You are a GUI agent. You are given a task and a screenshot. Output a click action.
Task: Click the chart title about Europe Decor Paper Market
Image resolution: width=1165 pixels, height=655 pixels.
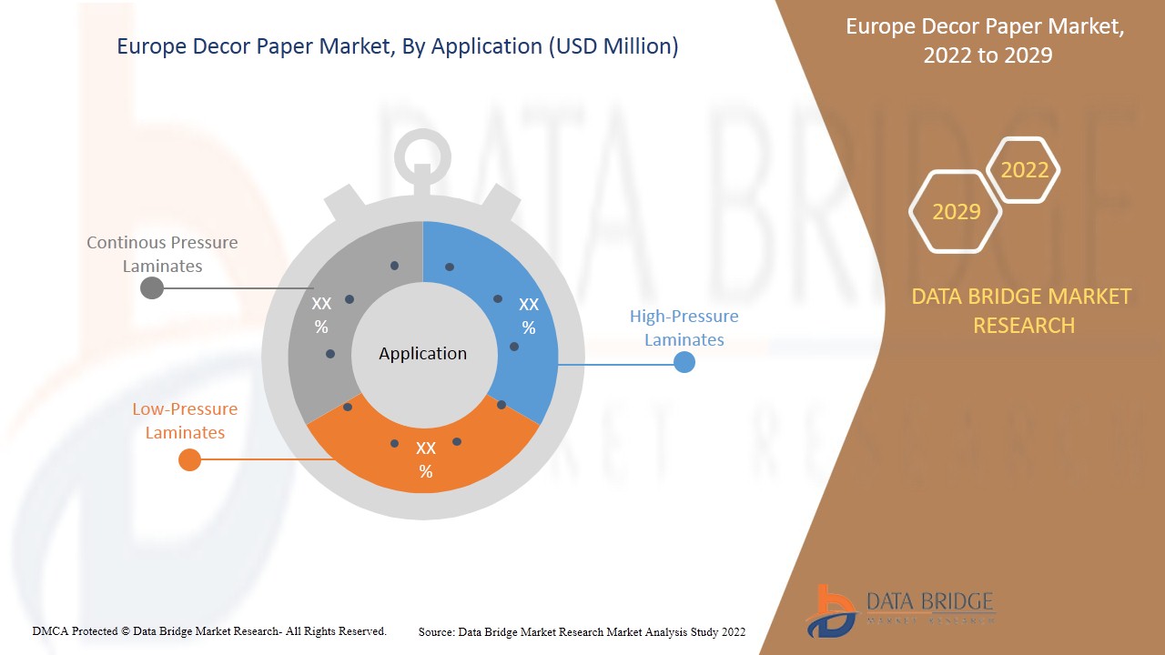tap(398, 46)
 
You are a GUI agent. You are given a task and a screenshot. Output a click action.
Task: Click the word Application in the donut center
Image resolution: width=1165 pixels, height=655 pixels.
tap(422, 354)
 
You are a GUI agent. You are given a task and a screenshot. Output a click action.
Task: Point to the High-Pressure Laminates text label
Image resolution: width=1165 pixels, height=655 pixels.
tap(684, 327)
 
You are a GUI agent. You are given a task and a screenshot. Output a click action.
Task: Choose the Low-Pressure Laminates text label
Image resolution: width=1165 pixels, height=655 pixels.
tap(185, 420)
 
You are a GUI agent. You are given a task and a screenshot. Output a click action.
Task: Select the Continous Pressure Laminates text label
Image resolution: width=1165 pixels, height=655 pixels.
tap(162, 254)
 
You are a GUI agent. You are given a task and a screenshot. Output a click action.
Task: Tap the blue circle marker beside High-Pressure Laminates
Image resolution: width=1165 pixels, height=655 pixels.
tap(684, 362)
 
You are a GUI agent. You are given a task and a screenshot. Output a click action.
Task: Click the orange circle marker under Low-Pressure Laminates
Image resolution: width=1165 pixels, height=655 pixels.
tap(189, 459)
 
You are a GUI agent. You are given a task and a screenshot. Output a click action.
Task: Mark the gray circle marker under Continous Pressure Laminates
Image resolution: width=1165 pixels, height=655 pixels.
tap(152, 287)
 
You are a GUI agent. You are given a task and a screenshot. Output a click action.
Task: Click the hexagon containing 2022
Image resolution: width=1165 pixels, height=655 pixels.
tap(1024, 170)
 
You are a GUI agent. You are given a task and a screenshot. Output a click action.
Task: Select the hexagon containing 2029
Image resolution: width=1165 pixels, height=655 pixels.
tap(956, 212)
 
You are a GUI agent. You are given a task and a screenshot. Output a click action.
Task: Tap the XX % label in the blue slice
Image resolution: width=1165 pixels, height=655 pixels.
tap(529, 316)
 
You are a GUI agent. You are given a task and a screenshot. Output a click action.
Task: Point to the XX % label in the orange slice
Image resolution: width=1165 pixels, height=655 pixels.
tap(426, 459)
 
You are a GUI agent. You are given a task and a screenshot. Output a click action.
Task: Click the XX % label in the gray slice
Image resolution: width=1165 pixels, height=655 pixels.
tap(321, 315)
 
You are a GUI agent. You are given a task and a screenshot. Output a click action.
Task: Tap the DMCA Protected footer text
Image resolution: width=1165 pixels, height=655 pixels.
tap(209, 630)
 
